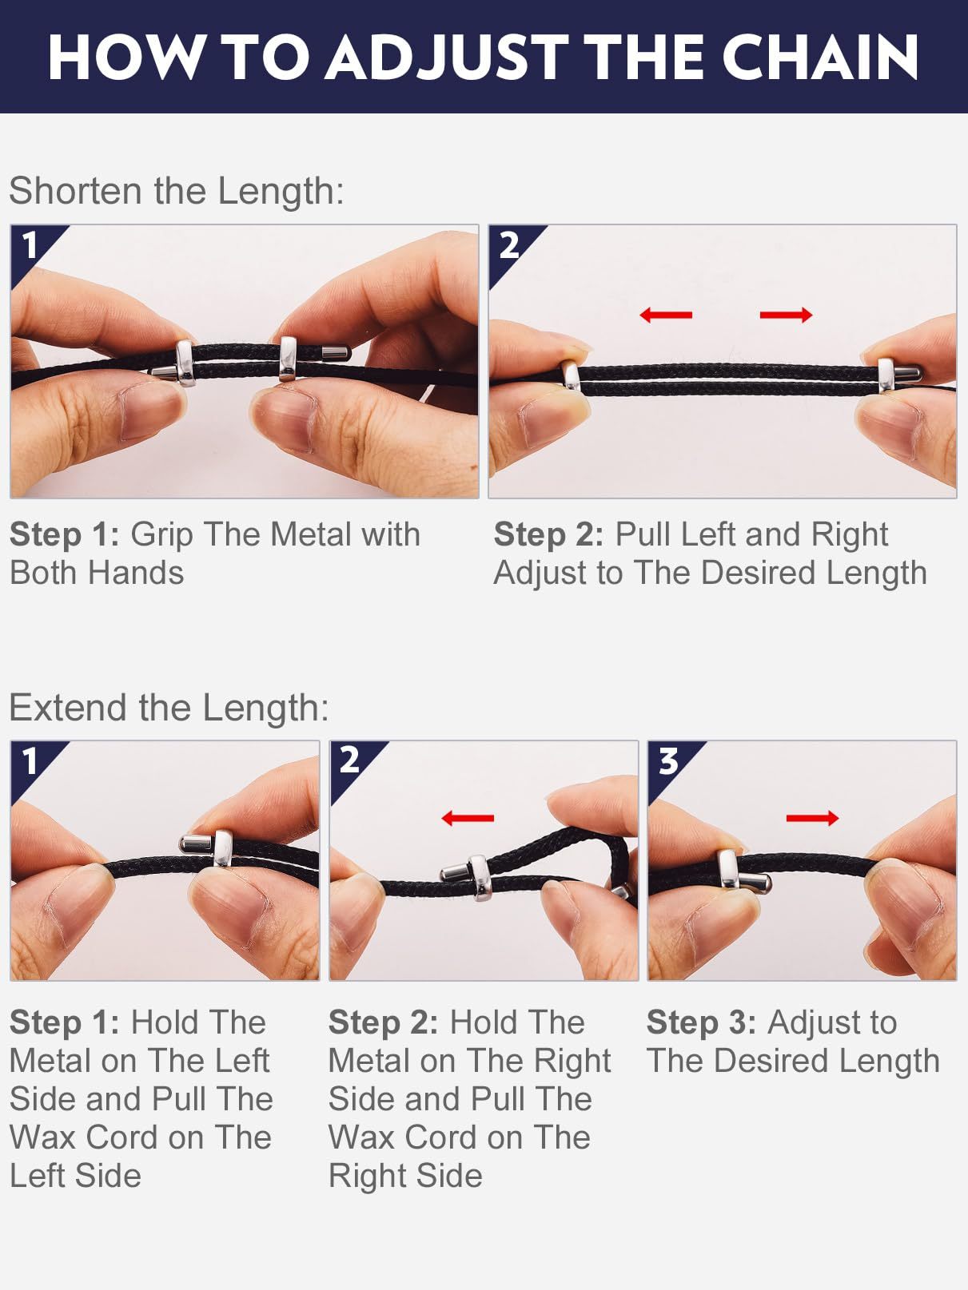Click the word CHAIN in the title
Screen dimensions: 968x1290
pos(820,57)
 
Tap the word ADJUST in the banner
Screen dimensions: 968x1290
pos(446,57)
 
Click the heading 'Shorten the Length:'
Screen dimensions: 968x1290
pos(177,191)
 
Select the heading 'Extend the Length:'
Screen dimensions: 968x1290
pos(169,707)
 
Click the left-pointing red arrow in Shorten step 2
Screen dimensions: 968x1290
pos(666,315)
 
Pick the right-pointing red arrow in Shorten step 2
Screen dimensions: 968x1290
pos(787,315)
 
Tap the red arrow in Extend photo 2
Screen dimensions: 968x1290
pos(468,817)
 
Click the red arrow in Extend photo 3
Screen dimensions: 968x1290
pos(812,817)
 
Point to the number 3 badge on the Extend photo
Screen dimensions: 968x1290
pos(668,761)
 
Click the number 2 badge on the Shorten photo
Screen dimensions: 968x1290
pos(509,244)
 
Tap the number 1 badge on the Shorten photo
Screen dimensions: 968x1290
pos(30,244)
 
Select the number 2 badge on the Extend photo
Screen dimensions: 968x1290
pos(349,761)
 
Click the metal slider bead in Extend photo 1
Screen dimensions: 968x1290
pos(223,848)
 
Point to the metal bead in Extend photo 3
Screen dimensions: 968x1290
pos(729,869)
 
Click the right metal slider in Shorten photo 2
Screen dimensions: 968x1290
pos(886,375)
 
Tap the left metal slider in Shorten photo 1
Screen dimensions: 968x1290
pos(185,363)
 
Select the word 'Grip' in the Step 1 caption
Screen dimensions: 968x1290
pos(161,535)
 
